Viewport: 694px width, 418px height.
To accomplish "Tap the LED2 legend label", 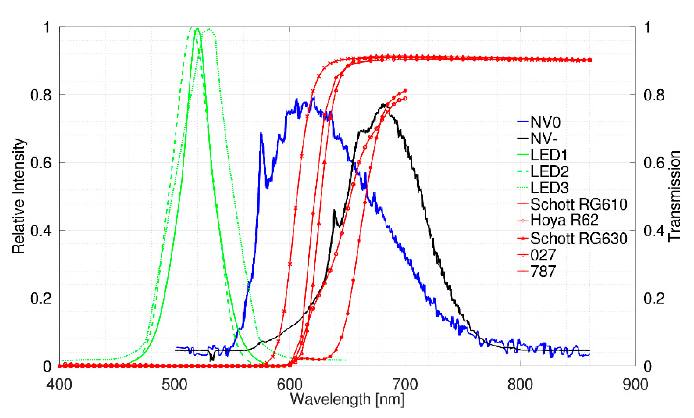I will click(x=549, y=171).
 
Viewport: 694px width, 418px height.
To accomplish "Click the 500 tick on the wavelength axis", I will click(x=174, y=385).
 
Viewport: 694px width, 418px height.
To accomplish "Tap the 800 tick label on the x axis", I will click(x=520, y=385).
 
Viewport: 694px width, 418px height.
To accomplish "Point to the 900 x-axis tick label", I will click(x=635, y=385).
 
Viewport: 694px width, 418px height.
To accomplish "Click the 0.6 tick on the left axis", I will click(x=41, y=163).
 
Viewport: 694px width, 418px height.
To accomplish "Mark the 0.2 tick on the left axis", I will click(x=41, y=298).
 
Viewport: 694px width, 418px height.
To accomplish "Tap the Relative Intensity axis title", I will click(x=19, y=196).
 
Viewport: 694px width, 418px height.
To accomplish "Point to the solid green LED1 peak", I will click(x=197, y=29).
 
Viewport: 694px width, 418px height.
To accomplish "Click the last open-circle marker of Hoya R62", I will click(x=405, y=99).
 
